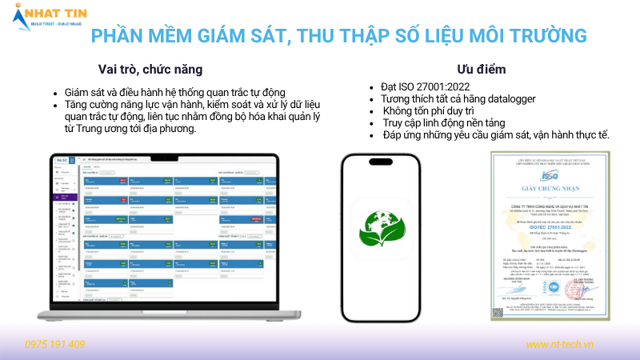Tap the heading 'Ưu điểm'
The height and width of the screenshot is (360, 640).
pos(482,69)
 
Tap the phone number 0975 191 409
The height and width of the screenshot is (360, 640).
pos(55,344)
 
